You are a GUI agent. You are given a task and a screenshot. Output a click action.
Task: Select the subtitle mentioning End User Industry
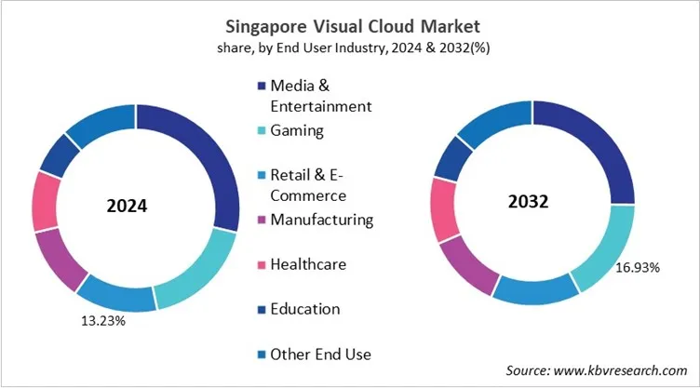[350, 47]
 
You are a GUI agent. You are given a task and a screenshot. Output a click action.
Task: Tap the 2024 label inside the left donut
[127, 206]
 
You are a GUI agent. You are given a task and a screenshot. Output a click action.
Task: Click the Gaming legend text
[297, 130]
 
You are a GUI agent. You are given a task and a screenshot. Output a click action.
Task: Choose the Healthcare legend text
[308, 264]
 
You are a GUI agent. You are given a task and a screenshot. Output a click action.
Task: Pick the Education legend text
[304, 309]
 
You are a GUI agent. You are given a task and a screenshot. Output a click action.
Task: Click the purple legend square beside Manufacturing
[260, 221]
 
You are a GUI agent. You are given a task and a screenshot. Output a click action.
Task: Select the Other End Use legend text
[320, 354]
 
